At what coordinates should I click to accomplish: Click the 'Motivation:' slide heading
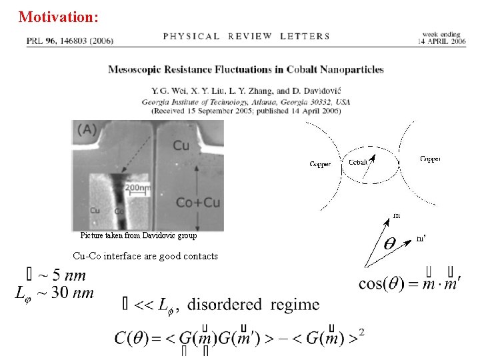59,17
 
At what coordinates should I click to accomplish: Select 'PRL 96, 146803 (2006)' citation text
70,41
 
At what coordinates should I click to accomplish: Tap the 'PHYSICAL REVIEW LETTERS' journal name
246,36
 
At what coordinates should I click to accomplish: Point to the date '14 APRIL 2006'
443,41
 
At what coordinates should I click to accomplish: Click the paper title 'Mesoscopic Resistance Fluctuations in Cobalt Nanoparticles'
246,69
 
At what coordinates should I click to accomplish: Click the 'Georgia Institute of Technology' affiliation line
246,102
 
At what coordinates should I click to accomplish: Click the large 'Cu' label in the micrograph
181,145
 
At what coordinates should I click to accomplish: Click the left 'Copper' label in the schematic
320,163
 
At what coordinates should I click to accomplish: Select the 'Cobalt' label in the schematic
357,161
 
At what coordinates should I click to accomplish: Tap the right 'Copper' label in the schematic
429,159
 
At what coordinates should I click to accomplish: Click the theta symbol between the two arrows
392,244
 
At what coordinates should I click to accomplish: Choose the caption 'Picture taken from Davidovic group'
139,235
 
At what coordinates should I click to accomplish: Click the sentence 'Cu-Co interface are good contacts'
145,256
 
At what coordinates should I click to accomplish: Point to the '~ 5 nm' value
63,275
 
